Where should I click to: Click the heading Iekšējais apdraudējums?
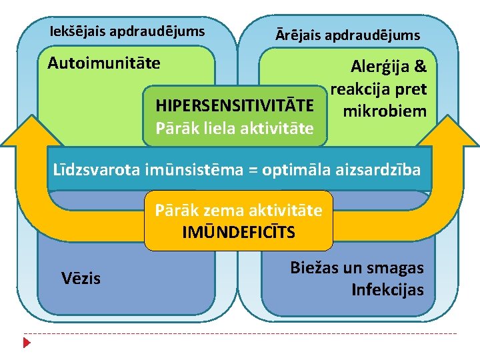[127, 31]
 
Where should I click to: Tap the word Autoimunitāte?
[104, 63]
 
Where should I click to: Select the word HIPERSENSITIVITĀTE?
[234, 106]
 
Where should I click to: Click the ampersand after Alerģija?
[420, 67]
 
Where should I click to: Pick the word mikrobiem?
[384, 111]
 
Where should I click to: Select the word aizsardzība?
[383, 169]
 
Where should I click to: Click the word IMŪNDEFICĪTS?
[239, 233]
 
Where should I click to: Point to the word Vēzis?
[81, 278]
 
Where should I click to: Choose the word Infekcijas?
[387, 290]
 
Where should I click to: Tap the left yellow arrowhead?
[29, 130]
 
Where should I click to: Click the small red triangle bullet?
[27, 343]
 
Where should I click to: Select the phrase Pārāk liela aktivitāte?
[234, 127]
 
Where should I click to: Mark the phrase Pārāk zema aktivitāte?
[239, 211]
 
